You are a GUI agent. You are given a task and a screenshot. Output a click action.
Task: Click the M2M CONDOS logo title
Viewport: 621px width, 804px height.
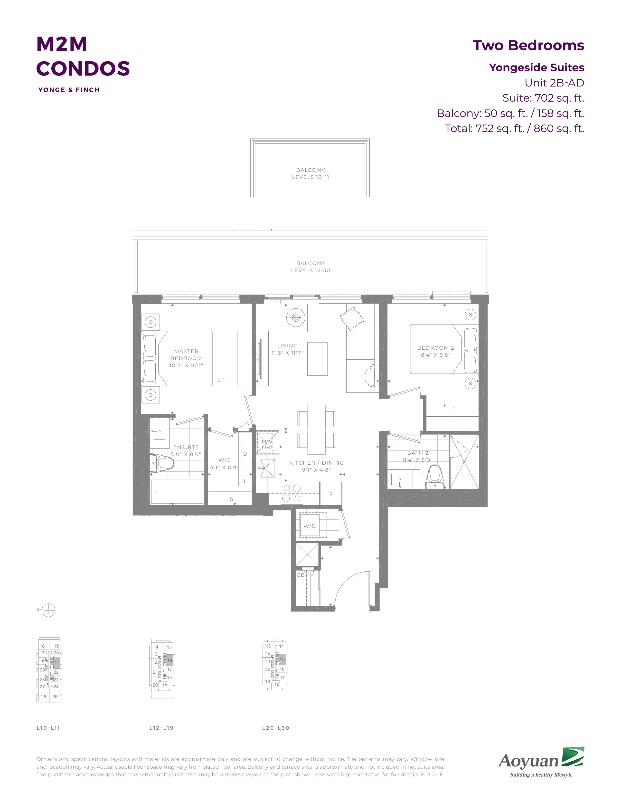pos(83,56)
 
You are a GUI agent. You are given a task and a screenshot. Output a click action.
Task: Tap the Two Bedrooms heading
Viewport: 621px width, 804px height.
pos(528,45)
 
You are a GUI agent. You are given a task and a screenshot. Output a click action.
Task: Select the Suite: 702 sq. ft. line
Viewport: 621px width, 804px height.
pos(543,98)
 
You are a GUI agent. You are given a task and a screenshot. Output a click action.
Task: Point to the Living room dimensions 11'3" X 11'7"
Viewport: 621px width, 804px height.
pos(287,353)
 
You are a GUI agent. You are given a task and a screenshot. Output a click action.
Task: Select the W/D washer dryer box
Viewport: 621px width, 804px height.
pos(309,526)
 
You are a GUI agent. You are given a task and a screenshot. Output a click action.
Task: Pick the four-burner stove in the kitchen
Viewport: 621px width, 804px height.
pos(292,494)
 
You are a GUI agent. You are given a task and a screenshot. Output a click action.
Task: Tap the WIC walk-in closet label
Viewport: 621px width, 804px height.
pos(225,460)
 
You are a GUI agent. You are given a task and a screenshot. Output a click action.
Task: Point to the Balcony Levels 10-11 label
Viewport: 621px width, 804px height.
pos(310,173)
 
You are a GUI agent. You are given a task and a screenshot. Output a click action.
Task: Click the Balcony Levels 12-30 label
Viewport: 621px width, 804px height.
pos(310,267)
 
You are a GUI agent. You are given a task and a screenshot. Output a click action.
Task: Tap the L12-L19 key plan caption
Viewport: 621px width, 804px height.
pos(161,728)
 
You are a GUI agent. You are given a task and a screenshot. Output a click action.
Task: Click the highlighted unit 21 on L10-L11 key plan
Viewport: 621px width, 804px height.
pos(56,663)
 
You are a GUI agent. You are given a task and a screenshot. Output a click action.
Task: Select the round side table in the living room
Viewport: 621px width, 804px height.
pos(295,317)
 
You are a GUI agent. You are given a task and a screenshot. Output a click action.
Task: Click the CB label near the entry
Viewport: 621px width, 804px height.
pos(301,575)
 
